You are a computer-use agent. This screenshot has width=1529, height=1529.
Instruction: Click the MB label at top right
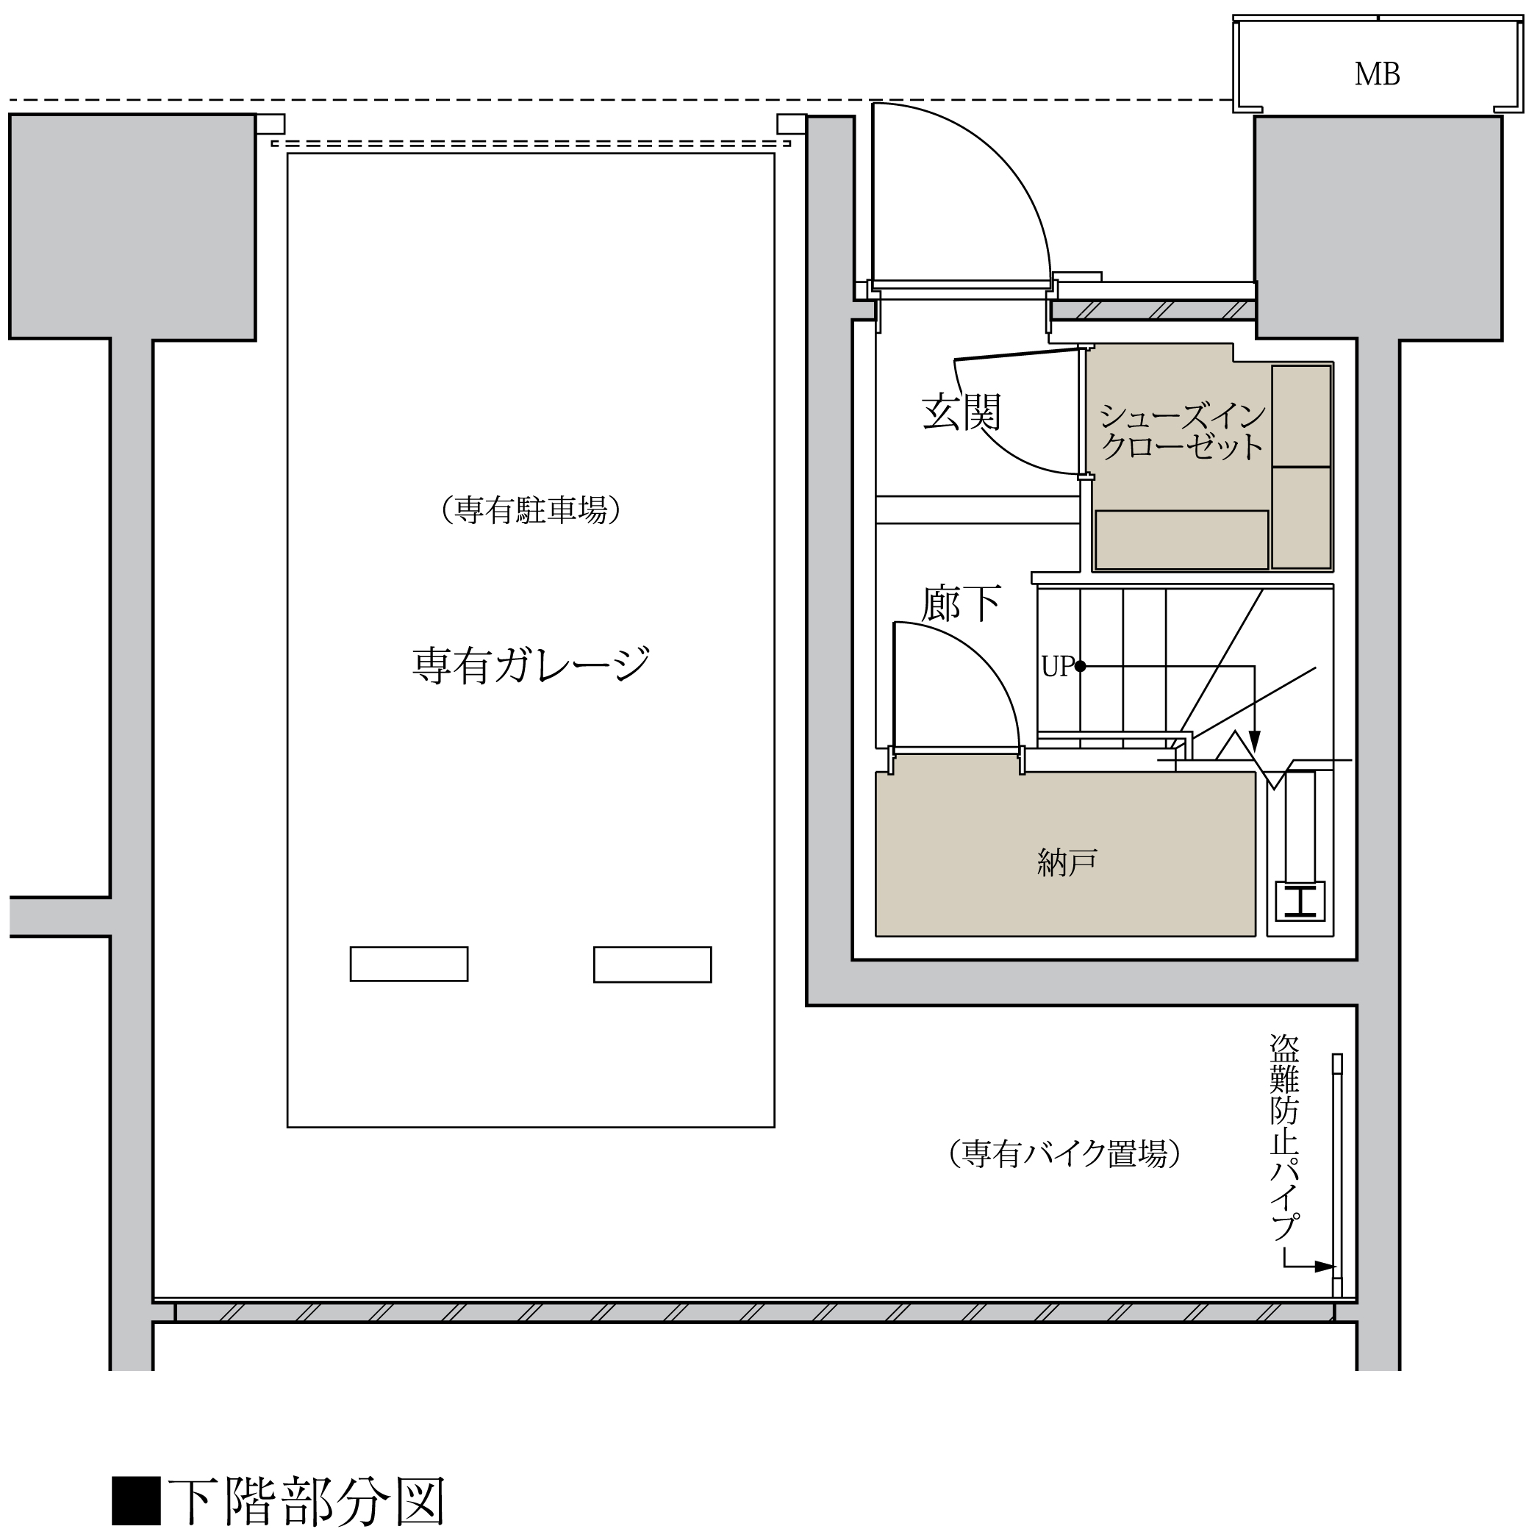click(x=1377, y=74)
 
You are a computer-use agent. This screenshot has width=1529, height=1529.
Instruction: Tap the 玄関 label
click(x=962, y=412)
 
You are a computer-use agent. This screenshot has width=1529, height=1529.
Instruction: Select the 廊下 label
click(x=962, y=603)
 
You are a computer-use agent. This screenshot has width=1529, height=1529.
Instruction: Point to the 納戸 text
click(x=1067, y=862)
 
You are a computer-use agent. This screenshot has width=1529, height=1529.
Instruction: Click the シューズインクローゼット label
click(x=1182, y=432)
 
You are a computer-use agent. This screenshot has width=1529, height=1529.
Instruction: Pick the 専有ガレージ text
click(x=531, y=664)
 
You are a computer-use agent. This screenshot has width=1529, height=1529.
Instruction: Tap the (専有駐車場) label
click(x=530, y=509)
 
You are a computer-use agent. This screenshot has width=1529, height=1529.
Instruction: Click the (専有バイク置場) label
click(x=1065, y=1154)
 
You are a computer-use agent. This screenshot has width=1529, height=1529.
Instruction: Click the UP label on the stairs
click(x=1056, y=667)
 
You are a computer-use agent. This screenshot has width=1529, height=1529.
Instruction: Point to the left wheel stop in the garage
click(x=409, y=964)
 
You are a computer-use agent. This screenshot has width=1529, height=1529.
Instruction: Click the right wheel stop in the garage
click(x=653, y=964)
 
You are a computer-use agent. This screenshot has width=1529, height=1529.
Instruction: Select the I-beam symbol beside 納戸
click(x=1300, y=900)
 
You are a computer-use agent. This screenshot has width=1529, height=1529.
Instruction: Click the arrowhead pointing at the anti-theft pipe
click(x=1324, y=1267)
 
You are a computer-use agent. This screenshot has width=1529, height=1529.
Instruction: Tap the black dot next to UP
click(x=1081, y=667)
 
